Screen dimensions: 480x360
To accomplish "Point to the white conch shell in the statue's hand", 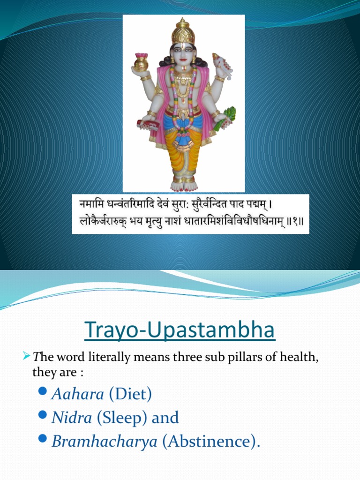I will (222, 66).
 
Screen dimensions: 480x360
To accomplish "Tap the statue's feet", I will (183, 185).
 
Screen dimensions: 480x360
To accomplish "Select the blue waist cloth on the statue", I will (183, 123).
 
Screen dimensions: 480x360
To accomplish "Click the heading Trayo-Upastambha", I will (180, 331).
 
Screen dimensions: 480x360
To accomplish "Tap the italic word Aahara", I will (78, 394).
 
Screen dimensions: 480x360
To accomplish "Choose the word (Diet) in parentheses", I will (130, 394).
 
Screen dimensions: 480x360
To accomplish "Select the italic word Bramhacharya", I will (105, 442).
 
